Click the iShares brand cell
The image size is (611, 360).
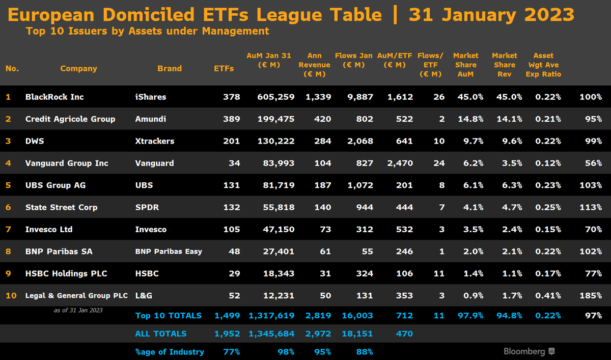151,97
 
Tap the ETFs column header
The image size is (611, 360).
224,68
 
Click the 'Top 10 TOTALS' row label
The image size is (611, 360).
169,316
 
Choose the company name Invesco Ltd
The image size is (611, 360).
49,229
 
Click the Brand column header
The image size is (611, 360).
170,68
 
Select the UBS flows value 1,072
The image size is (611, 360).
361,185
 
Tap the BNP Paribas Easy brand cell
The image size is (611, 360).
169,252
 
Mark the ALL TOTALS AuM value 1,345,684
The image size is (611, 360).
271,334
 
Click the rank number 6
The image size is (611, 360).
8,207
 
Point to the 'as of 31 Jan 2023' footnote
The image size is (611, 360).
78,310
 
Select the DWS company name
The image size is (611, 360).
34,141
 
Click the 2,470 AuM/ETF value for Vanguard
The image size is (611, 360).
400,163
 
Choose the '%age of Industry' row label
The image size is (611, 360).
170,351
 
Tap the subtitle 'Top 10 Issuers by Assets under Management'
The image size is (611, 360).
147,31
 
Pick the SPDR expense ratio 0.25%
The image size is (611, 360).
548,207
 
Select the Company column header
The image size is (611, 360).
78,68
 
